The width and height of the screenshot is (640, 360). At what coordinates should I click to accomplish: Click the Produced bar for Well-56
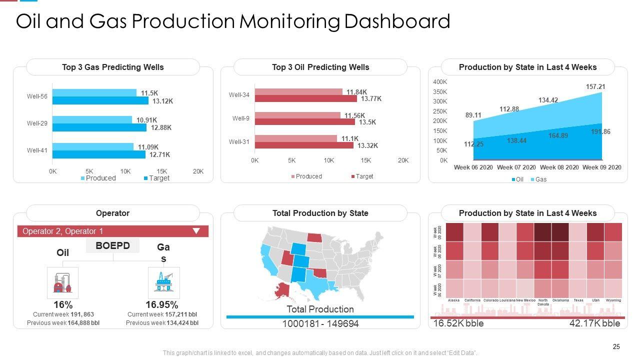pos(94,92)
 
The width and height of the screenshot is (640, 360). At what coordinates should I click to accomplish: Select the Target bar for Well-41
pos(98,154)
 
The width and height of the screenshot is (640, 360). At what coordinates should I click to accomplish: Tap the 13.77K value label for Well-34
pos(371,98)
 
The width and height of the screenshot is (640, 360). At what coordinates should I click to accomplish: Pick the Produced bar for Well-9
pos(297,115)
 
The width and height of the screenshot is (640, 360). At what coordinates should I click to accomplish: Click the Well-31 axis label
pos(239,142)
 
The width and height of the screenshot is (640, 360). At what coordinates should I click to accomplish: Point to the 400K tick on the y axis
pos(440,82)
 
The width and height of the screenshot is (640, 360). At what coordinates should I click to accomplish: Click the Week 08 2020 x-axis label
pos(559,167)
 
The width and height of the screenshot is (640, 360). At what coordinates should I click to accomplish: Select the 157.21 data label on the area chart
pos(595,87)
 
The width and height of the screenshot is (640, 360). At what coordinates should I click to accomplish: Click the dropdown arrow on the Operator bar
pos(196,231)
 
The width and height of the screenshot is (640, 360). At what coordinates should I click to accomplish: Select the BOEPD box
pos(112,245)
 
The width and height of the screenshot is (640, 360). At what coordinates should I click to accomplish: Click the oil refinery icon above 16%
pos(62,282)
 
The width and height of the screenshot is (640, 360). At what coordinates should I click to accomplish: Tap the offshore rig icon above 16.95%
pos(163,282)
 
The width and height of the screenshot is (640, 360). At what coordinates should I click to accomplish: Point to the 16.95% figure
pos(162,305)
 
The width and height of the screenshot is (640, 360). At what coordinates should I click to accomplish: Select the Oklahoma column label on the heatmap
pos(560,300)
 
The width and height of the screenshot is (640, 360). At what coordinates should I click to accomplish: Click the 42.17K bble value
pos(594,323)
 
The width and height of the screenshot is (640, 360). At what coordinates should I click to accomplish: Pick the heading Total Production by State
pos(320,213)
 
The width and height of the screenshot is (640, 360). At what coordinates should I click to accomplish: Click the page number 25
pos(616,347)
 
